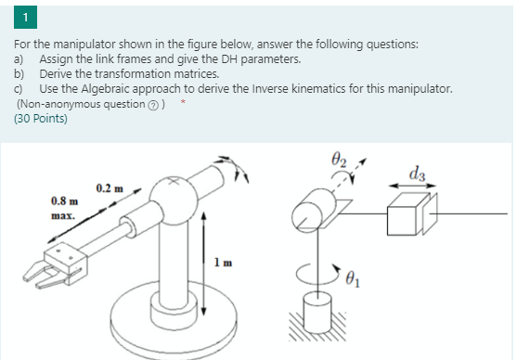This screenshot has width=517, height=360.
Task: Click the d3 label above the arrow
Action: (417, 172)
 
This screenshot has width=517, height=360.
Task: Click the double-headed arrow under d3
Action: (413, 186)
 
